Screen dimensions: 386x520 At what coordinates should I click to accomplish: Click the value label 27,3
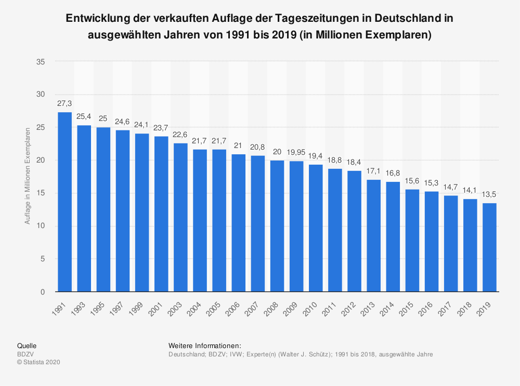(x=64, y=104)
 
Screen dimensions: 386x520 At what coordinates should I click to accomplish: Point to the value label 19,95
(x=296, y=153)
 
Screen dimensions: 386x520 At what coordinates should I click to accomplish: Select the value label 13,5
(x=489, y=195)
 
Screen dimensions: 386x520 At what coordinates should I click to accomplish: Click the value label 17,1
(x=373, y=171)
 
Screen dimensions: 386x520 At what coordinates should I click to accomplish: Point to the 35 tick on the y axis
(x=41, y=61)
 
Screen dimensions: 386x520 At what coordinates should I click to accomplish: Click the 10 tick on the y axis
(x=41, y=226)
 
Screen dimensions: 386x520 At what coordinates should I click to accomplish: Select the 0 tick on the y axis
(x=43, y=292)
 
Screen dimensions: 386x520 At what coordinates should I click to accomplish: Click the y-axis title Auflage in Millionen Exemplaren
(x=27, y=177)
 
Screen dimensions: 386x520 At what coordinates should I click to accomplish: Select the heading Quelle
(x=27, y=345)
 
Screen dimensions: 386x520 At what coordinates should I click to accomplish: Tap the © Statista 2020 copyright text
(x=39, y=363)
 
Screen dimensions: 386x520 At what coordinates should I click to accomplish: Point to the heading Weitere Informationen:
(x=205, y=345)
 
